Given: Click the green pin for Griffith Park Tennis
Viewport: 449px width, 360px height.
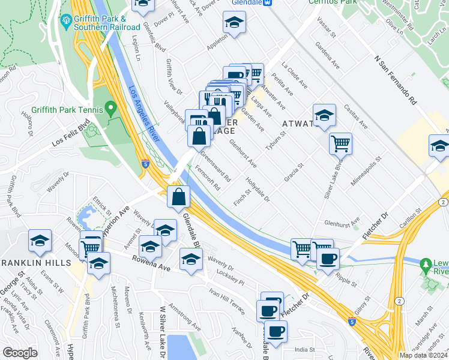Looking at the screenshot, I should coord(110,109).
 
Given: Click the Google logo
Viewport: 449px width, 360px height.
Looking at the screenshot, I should coord(20,353).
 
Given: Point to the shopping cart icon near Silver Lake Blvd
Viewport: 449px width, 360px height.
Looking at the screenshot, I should coord(340,143).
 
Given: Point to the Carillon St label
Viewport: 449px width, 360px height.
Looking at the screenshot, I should coord(420,218).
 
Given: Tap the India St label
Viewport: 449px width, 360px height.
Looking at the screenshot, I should coord(304,349).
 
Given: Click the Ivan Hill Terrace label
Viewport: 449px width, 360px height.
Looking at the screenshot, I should coord(227,295).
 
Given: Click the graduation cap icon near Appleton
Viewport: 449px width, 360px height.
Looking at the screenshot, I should coord(234,23).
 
